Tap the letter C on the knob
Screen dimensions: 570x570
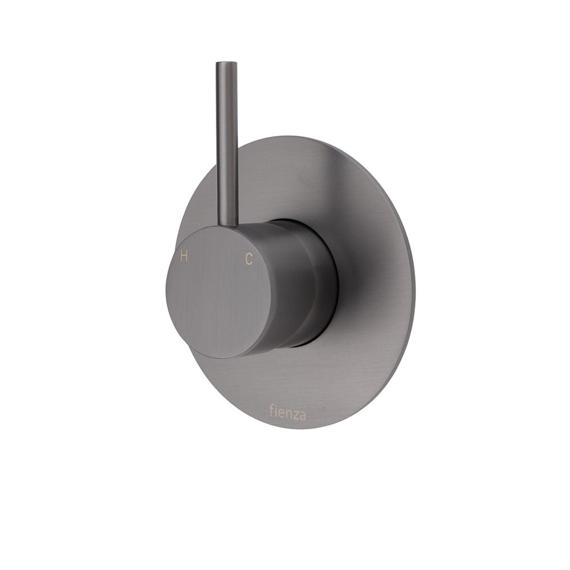pyautogui.click(x=249, y=259)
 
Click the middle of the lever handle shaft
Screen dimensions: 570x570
pyautogui.click(x=226, y=142)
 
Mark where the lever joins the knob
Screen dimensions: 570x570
pyautogui.click(x=227, y=226)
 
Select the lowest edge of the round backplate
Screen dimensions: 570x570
pyautogui.click(x=296, y=429)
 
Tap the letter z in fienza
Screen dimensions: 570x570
pyautogui.click(x=294, y=414)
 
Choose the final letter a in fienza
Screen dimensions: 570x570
pyautogui.click(x=302, y=415)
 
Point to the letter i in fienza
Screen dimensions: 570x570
pyautogui.click(x=275, y=412)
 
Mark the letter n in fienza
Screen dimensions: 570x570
pyautogui.click(x=287, y=413)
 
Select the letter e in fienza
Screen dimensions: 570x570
pyautogui.click(x=280, y=413)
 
